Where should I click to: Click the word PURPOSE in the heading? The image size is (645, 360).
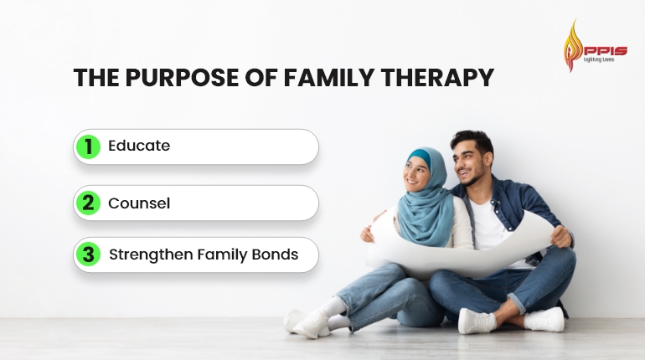(x=173, y=79)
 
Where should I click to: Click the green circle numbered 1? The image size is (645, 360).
(x=88, y=147)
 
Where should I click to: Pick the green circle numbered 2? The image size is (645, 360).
(x=88, y=203)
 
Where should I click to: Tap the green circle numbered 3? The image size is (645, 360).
(x=88, y=255)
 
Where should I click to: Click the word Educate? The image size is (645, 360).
(x=139, y=146)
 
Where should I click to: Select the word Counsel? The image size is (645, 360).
(x=139, y=203)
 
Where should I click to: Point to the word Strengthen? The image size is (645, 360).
(x=151, y=255)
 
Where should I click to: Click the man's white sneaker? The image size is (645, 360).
(x=544, y=320)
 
